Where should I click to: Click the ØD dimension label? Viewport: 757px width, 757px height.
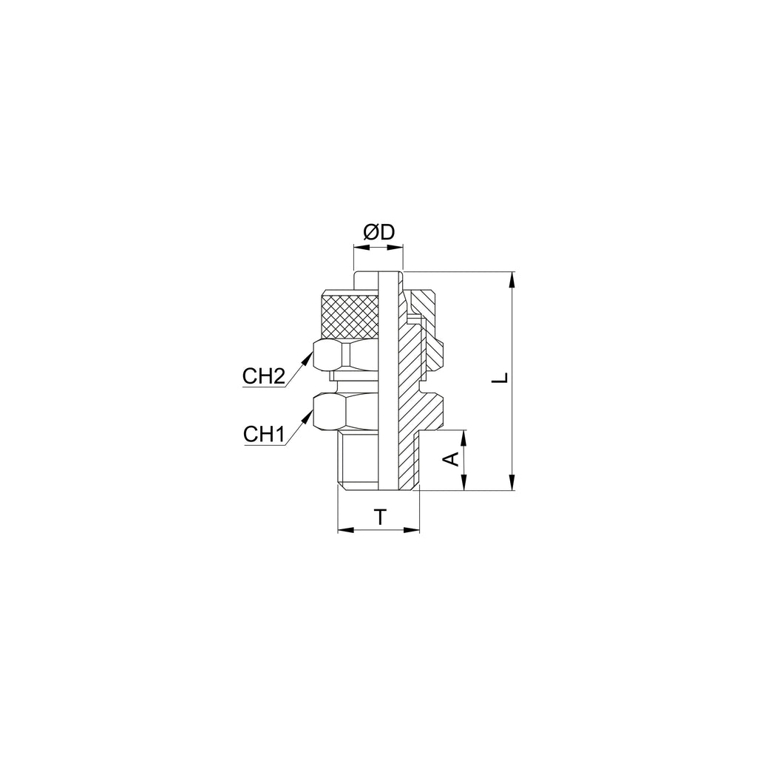click(379, 233)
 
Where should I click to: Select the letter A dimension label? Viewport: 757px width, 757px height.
click(452, 459)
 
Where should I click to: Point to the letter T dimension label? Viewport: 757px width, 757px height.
click(381, 517)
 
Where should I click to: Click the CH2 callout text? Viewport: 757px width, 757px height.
click(264, 376)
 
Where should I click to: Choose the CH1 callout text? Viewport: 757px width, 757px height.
click(263, 434)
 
